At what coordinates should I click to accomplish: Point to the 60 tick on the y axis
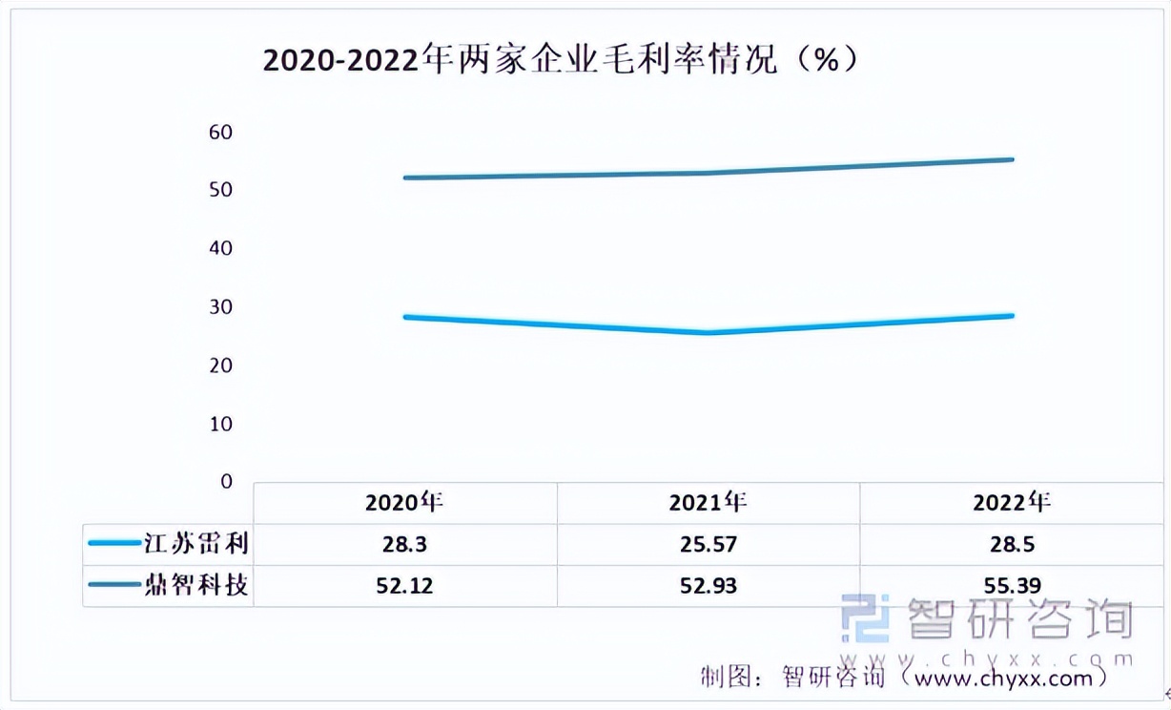[220, 132]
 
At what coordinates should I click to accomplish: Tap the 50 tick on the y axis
[220, 190]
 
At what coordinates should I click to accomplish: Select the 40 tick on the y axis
[220, 248]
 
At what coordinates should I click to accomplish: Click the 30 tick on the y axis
[220, 307]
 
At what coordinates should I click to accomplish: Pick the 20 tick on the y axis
[220, 365]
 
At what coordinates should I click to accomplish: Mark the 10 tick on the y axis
[220, 424]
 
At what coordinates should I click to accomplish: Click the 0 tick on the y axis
[226, 482]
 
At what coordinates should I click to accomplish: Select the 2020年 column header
[405, 503]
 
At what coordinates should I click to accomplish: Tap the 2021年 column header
[709, 503]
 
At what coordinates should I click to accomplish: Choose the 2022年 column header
[1012, 503]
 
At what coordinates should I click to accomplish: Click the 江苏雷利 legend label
[196, 545]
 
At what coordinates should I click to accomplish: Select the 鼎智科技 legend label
[196, 584]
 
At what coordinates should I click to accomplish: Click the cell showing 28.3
[405, 545]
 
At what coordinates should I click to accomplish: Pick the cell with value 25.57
[709, 545]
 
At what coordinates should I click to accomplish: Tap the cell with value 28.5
[1012, 545]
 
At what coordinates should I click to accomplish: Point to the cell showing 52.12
[405, 585]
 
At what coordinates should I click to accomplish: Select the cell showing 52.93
[709, 585]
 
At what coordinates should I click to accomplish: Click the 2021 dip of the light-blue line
[709, 332]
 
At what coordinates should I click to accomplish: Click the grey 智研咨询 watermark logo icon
[866, 618]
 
